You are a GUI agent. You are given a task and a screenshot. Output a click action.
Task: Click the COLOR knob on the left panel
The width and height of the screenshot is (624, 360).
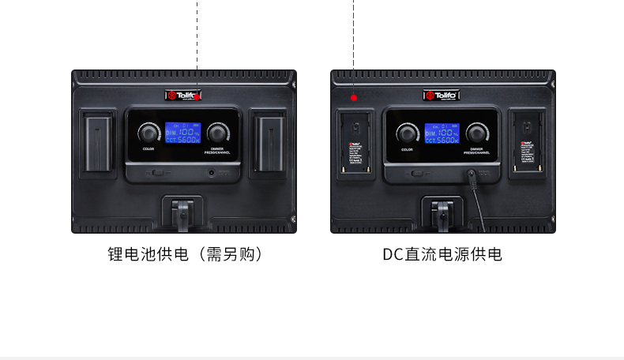pos(148,132)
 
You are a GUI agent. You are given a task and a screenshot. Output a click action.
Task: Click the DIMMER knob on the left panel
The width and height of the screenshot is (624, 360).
pos(216,132)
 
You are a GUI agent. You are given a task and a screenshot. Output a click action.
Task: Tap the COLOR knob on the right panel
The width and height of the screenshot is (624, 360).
pos(408,132)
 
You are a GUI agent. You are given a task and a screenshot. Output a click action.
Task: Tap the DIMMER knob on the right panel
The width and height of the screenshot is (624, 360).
pos(476,132)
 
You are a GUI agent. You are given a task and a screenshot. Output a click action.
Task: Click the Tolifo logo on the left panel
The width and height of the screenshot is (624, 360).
pos(183,96)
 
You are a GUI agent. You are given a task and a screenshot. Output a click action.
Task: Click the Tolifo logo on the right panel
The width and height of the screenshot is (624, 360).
pos(442,96)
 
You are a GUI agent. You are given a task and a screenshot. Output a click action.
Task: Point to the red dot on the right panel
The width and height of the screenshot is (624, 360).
pos(354,99)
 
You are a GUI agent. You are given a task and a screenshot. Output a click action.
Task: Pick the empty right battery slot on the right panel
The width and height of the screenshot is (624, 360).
pos(527,144)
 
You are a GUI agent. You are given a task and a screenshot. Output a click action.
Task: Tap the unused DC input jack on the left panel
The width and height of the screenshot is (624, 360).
pos(211,171)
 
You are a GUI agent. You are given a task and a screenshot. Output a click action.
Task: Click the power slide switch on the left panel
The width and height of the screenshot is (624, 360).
pos(158,171)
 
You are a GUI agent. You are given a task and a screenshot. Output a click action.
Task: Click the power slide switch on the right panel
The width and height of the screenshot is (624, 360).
pos(417,171)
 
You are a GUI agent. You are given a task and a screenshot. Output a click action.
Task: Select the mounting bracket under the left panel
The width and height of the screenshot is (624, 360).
pos(182,215)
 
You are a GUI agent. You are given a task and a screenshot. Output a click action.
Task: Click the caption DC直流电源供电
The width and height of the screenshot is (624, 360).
pos(442,254)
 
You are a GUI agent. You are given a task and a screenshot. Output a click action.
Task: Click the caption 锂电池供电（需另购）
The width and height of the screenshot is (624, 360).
pos(185,254)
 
